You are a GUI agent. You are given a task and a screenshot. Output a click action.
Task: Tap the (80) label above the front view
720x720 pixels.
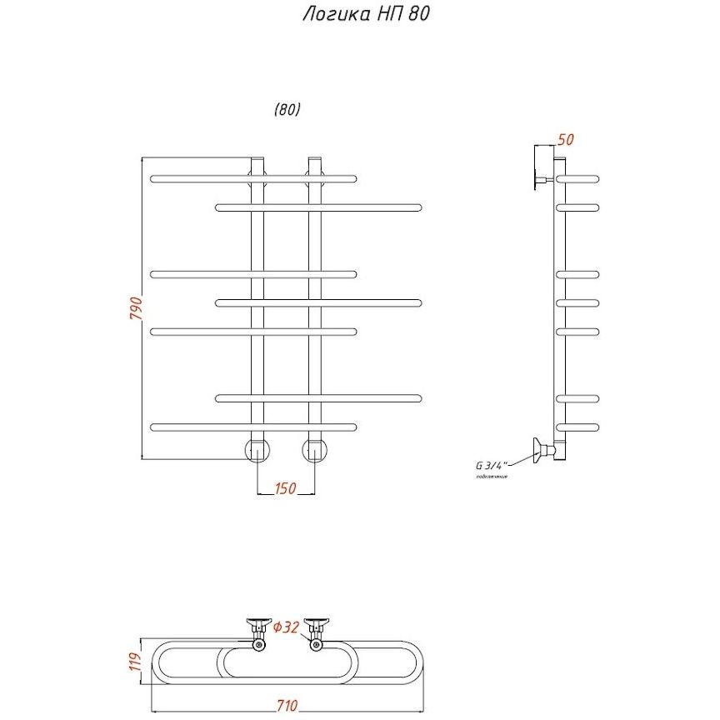(x=286, y=109)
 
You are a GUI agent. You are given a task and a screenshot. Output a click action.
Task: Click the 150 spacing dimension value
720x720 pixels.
(x=286, y=489)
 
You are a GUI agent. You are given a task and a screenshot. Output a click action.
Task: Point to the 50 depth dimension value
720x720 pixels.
(x=565, y=139)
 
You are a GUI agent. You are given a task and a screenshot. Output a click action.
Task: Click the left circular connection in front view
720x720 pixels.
(x=257, y=450)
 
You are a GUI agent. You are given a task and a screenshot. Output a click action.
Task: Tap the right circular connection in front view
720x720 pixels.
(x=315, y=450)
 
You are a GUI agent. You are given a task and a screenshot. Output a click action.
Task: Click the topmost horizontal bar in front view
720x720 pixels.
(x=252, y=178)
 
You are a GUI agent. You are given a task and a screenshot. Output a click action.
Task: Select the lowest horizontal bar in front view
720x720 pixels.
(x=252, y=427)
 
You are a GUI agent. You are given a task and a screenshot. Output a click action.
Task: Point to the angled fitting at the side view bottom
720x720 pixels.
(x=546, y=451)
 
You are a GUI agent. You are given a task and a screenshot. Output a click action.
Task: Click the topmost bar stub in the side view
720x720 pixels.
(x=578, y=178)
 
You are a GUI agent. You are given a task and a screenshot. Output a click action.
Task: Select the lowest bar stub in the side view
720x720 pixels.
(x=578, y=427)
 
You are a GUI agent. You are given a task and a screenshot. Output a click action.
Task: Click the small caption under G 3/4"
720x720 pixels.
(x=492, y=476)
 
